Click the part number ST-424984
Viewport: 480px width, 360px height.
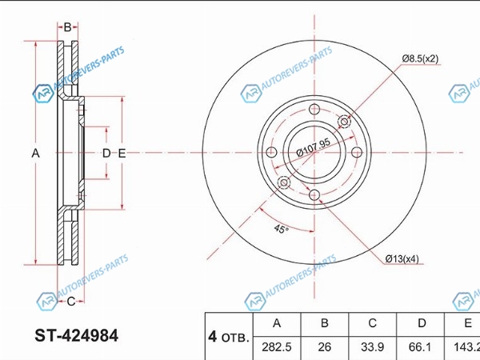[x=76, y=336]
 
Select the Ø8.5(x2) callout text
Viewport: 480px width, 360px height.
[x=420, y=58]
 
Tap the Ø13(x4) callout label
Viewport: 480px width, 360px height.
[x=402, y=259]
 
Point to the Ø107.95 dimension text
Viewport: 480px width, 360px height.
[x=314, y=147]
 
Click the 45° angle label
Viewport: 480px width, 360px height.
[x=281, y=228]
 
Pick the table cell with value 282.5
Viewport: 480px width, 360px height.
[x=277, y=347]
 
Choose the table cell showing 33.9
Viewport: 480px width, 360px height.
[x=372, y=347]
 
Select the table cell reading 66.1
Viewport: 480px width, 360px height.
[x=420, y=347]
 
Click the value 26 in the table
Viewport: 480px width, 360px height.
[x=325, y=347]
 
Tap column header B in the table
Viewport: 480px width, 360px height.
[x=325, y=323]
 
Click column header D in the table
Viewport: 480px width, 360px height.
[x=422, y=323]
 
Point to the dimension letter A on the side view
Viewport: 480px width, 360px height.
[x=35, y=153]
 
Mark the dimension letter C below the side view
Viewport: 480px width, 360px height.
[x=70, y=302]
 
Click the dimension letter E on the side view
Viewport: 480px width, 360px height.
[x=122, y=153]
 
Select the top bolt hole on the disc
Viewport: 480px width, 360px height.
[x=314, y=110]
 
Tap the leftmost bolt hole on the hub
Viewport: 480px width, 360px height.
[x=271, y=152]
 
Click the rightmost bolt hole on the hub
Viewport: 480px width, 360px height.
[x=357, y=152]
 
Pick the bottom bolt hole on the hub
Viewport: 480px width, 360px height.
[x=314, y=194]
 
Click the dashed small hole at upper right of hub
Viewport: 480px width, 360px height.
[x=344, y=122]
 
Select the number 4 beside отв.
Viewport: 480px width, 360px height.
[x=213, y=337]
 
